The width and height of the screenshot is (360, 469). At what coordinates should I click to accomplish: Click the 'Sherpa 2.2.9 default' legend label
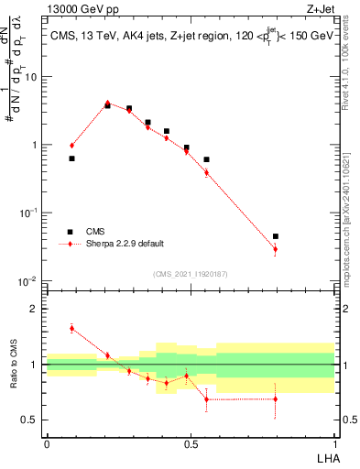pyautogui.click(x=125, y=244)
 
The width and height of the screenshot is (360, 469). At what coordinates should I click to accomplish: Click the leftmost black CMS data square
pyautogui.click(x=71, y=158)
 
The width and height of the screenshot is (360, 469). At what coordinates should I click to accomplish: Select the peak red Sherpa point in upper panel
pyautogui.click(x=107, y=103)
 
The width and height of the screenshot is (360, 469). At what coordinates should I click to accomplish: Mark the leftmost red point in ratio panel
pyautogui.click(x=71, y=328)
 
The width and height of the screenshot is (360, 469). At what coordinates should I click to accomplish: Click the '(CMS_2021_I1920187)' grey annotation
pyautogui.click(x=190, y=272)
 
